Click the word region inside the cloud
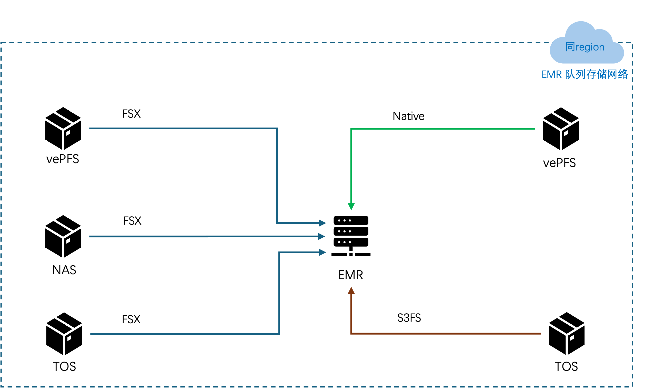click(590, 47)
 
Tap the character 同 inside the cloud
click(570, 47)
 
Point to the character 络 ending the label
click(623, 74)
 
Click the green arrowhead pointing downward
click(351, 207)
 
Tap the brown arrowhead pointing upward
click(351, 290)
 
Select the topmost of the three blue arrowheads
click(322, 223)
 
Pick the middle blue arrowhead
click(322, 236)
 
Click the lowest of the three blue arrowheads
click(322, 252)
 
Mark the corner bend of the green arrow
click(351, 129)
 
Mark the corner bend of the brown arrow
click(351, 333)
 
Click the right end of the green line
click(535, 129)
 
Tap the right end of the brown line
click(540, 334)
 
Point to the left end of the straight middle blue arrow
click(90, 237)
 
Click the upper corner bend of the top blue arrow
click(277, 129)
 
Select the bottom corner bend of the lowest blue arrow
click(279, 334)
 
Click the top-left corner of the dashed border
click(1, 43)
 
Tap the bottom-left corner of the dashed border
click(1, 387)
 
